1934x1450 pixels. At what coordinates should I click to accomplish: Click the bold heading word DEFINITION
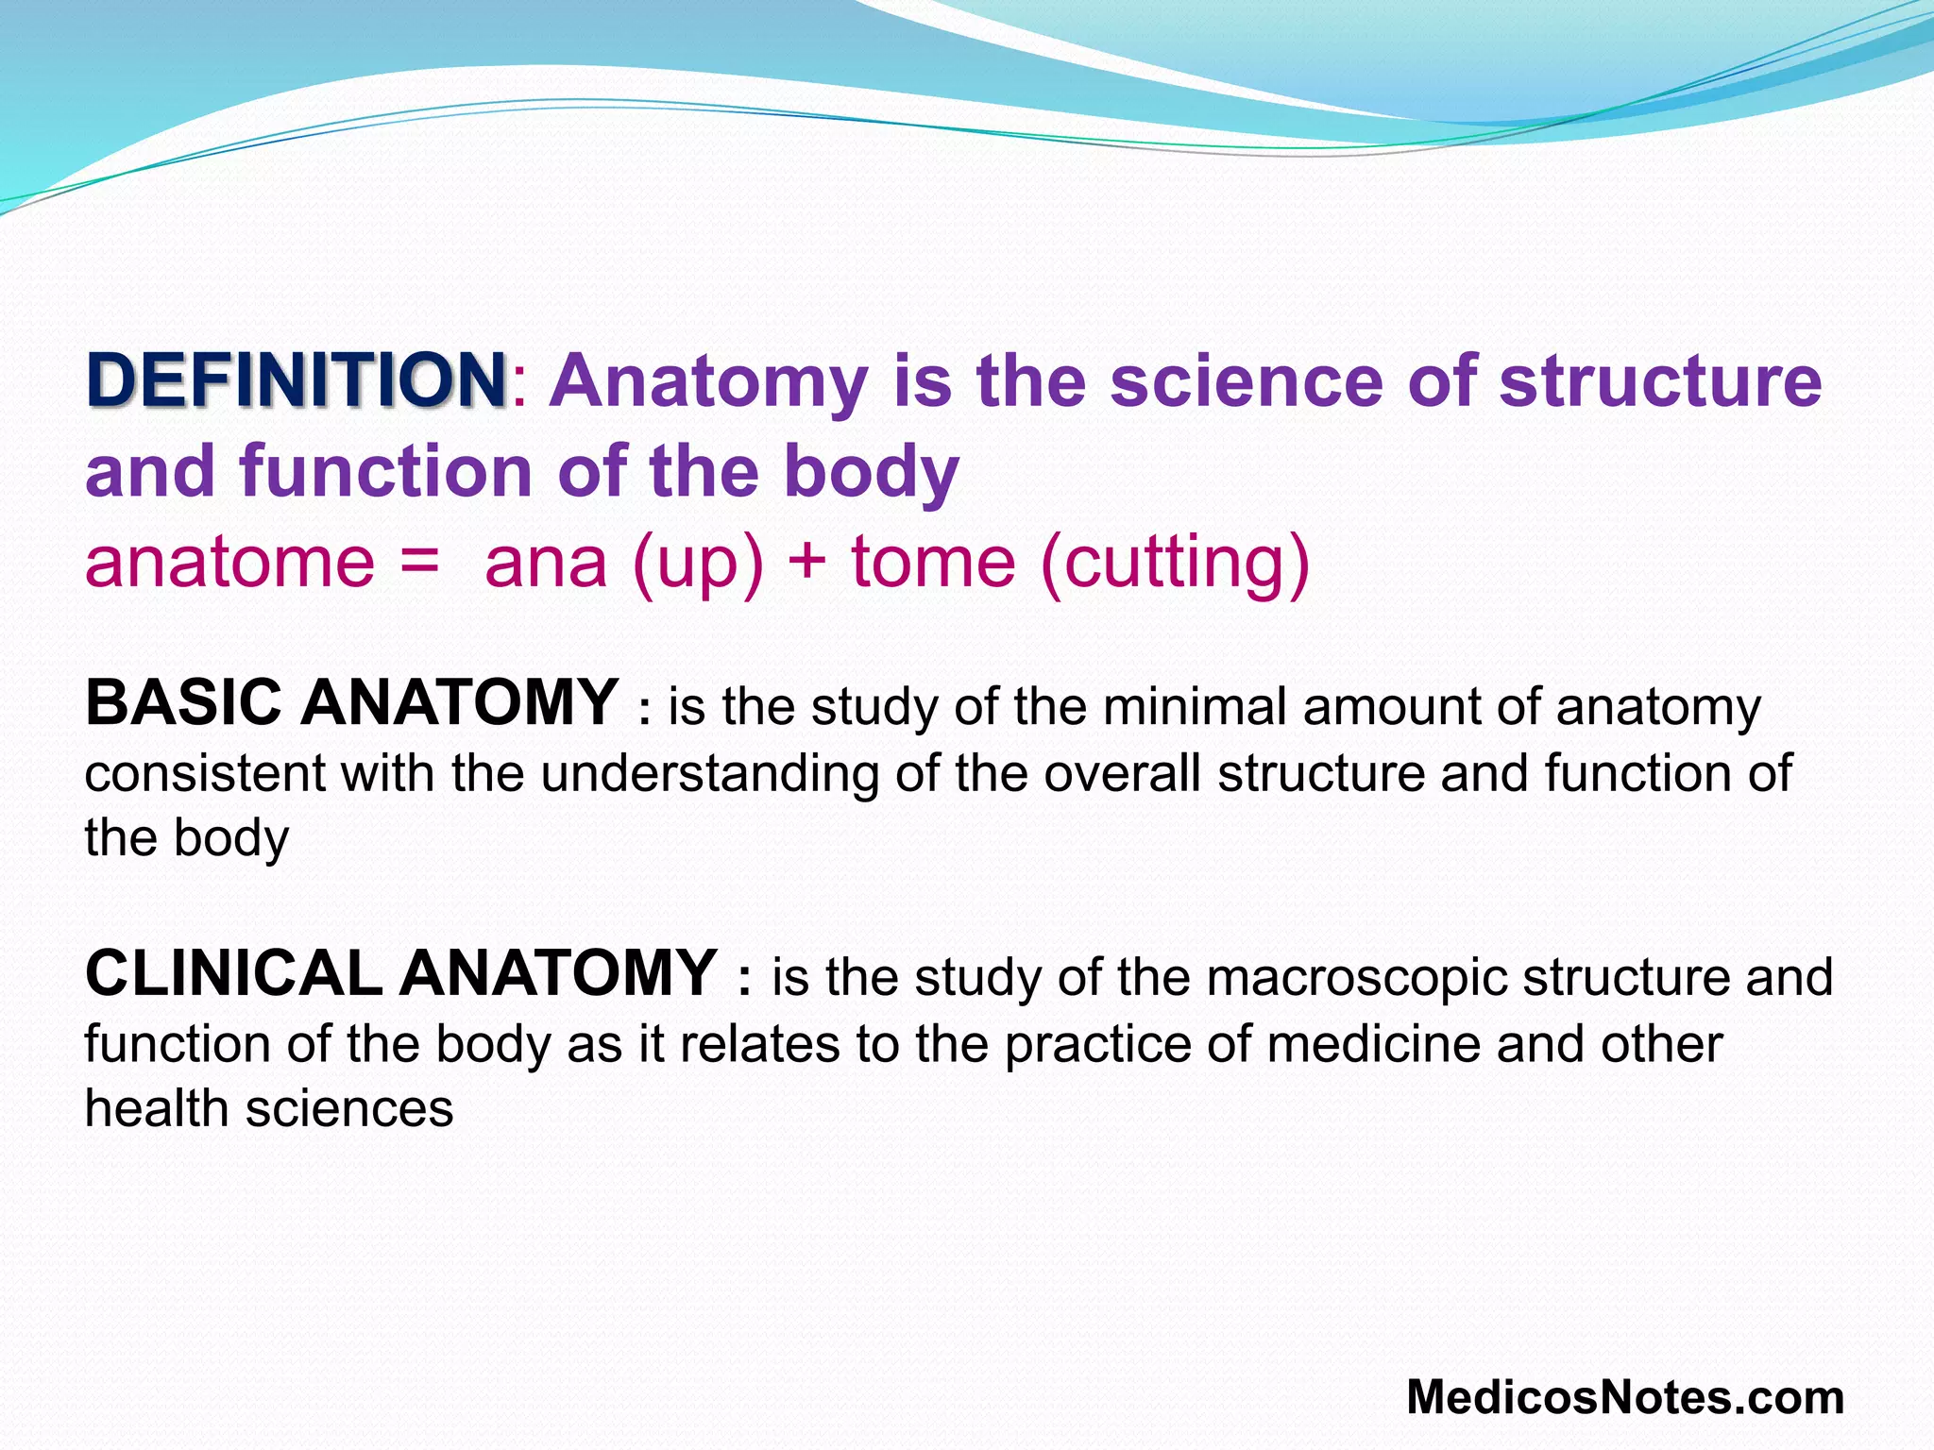click(297, 379)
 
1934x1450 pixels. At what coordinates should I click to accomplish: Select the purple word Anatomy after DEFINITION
click(708, 381)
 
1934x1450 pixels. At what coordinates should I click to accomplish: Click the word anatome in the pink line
click(229, 563)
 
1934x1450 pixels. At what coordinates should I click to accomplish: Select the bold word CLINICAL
click(232, 974)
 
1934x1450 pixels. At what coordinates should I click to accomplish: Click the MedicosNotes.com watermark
click(1624, 1398)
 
